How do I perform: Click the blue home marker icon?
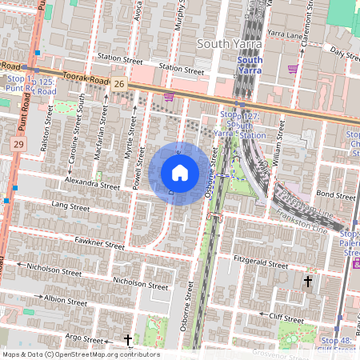tap(180, 172)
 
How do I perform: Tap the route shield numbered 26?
tap(118, 83)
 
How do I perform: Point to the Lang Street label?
tap(70, 206)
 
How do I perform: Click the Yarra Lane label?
tap(286, 34)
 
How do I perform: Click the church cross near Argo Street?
tap(128, 340)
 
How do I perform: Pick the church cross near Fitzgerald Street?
tap(308, 281)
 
